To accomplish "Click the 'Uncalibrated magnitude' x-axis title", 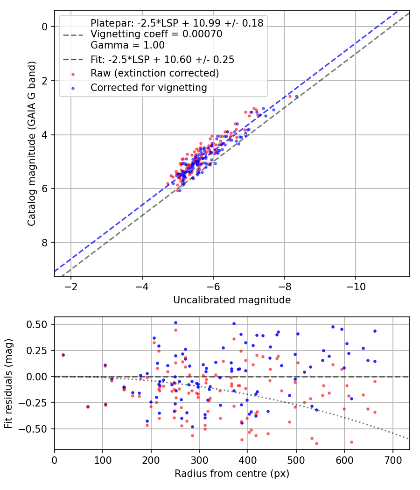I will point(232,300).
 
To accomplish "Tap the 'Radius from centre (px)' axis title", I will point(232,474).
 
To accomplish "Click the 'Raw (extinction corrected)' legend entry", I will point(154,73).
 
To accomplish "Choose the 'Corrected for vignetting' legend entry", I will point(149,87).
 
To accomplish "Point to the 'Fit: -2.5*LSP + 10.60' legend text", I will point(162,59).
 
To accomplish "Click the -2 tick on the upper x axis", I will point(71,286).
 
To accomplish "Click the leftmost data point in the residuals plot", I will point(63,355).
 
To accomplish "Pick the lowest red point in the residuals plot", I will point(316,444).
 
